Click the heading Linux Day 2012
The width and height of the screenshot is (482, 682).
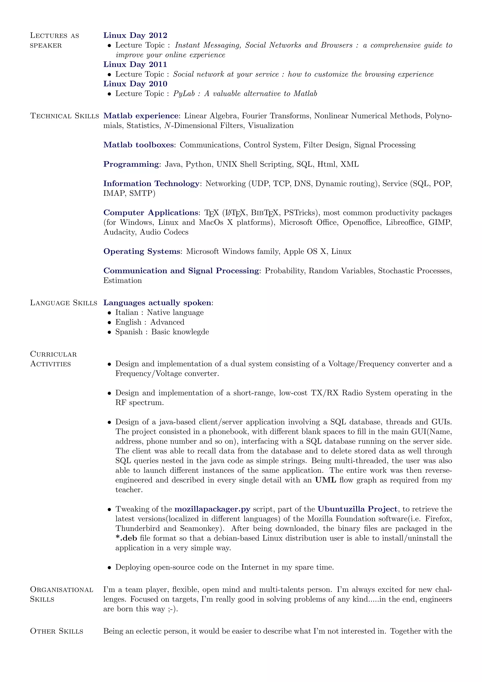click(x=135, y=35)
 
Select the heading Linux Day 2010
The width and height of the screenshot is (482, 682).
click(x=135, y=84)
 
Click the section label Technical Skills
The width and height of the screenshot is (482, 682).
click(x=64, y=116)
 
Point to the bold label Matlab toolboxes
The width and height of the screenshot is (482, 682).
click(x=138, y=145)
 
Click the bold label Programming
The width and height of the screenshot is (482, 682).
click(x=131, y=164)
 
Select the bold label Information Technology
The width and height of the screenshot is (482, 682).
click(x=151, y=183)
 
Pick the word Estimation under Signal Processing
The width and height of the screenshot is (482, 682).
click(x=123, y=280)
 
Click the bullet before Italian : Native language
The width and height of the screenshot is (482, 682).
click(x=109, y=313)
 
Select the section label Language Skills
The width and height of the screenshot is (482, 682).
click(x=64, y=303)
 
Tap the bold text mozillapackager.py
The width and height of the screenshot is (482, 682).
click(x=212, y=509)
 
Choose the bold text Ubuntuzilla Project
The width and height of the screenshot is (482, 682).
click(x=357, y=509)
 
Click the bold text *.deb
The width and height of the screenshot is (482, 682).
click(x=126, y=538)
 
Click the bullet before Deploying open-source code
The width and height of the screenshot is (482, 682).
click(x=109, y=568)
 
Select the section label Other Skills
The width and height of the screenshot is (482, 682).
click(x=56, y=631)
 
